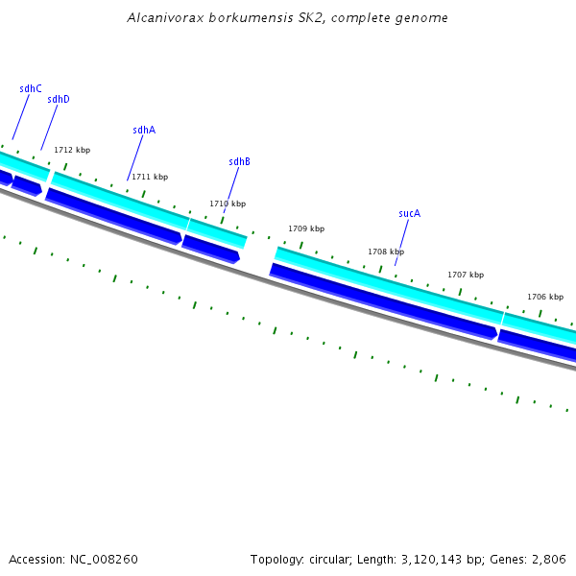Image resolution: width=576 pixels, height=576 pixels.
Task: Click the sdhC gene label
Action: click(x=31, y=88)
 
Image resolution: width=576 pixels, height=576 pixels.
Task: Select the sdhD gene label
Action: click(x=59, y=99)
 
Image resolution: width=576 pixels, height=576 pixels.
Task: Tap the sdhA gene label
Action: click(x=144, y=130)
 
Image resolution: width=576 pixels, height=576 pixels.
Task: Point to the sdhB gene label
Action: click(x=239, y=161)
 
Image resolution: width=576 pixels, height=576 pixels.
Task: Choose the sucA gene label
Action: click(x=409, y=213)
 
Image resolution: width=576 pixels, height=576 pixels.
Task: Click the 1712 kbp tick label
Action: click(x=72, y=150)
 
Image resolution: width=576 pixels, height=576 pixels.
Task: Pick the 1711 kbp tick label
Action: click(x=150, y=177)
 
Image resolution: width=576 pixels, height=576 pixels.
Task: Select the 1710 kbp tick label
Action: click(x=228, y=204)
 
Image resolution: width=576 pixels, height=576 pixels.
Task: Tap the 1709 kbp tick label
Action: click(x=306, y=228)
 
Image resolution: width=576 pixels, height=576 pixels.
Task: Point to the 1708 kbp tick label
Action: click(x=386, y=252)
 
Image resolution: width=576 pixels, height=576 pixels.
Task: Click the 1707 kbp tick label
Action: click(x=466, y=275)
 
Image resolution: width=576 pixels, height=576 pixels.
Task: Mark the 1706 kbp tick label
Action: click(x=545, y=297)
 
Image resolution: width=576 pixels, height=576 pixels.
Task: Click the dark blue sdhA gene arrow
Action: click(x=113, y=216)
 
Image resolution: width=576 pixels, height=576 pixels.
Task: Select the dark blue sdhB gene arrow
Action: click(x=211, y=249)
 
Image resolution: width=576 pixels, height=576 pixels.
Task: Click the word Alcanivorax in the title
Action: click(x=158, y=18)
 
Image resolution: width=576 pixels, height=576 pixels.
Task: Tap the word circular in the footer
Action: click(x=331, y=559)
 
